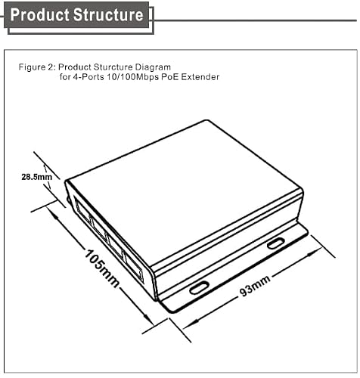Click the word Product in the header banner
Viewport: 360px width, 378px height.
click(x=40, y=14)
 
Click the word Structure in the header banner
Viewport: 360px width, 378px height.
click(x=109, y=14)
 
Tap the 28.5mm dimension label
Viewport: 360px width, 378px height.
click(x=37, y=177)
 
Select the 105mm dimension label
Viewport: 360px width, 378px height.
click(x=101, y=268)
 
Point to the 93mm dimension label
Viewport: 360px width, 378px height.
click(x=255, y=285)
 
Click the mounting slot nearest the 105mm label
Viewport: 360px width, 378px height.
click(x=199, y=288)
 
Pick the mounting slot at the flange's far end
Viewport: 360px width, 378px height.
click(x=276, y=243)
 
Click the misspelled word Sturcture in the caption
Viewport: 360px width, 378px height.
click(x=113, y=67)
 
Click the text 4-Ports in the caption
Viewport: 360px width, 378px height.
click(x=88, y=77)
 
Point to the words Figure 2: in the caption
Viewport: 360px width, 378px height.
click(x=37, y=67)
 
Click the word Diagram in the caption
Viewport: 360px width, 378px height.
click(x=153, y=67)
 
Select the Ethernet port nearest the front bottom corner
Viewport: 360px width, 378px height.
click(x=134, y=266)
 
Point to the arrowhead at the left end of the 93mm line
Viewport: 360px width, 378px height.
click(x=189, y=325)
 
